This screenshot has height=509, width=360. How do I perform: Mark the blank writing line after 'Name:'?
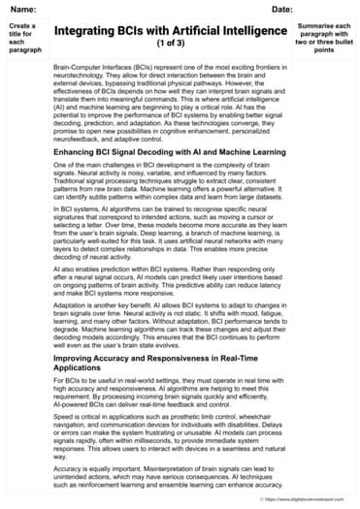[x=126, y=11]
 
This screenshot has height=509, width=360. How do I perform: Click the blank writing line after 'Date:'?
[x=325, y=11]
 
